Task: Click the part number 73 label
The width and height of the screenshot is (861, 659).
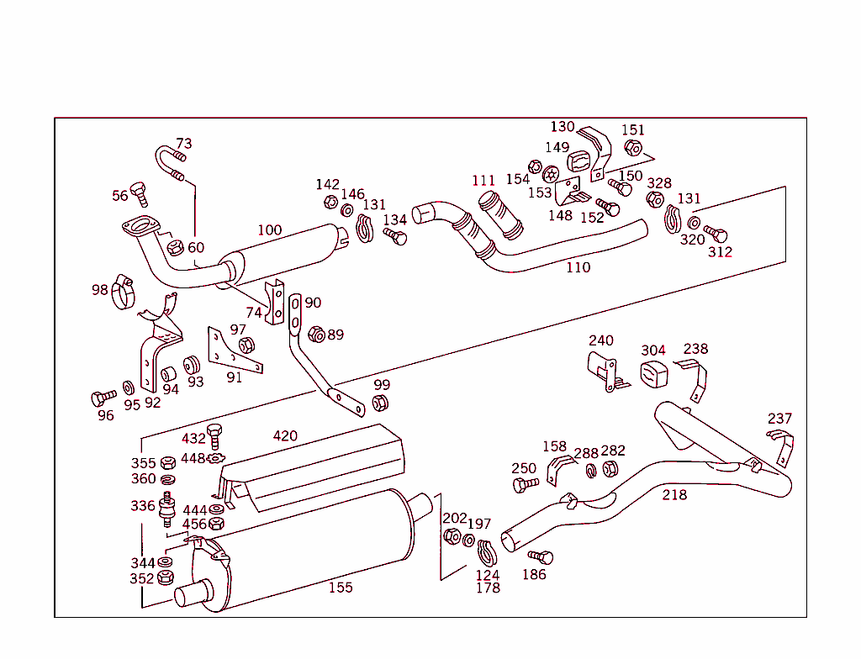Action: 183,144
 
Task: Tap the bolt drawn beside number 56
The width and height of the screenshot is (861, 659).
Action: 140,193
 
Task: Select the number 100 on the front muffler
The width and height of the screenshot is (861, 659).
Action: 269,230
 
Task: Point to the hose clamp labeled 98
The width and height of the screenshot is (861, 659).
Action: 124,290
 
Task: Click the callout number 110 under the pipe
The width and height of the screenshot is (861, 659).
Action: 578,268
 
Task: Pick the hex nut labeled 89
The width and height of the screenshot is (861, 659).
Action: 316,334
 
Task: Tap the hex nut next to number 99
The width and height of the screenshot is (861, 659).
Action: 379,403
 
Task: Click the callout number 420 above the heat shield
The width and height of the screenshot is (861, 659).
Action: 285,436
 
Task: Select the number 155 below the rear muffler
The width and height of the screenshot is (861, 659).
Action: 341,588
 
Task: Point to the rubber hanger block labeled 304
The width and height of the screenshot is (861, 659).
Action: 654,375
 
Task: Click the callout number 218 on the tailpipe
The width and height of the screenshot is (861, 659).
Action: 674,495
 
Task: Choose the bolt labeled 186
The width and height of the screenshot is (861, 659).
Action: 541,556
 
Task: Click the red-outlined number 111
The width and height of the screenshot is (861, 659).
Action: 483,181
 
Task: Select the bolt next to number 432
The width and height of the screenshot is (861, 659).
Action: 214,435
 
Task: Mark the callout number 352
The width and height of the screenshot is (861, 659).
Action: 142,578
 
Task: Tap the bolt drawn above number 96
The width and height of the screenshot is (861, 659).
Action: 105,396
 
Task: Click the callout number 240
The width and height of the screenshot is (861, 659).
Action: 600,340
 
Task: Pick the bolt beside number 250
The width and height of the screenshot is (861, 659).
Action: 527,484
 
